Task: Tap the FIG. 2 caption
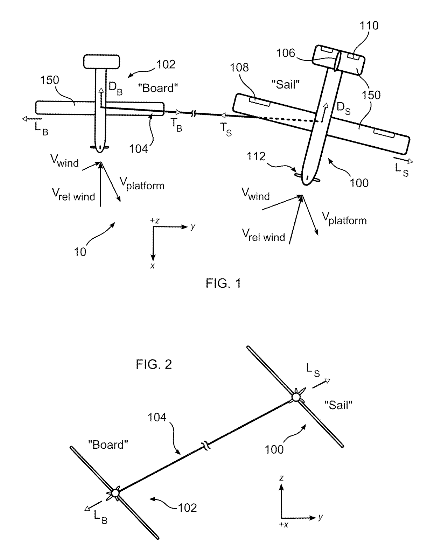point(154,365)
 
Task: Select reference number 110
point(369,26)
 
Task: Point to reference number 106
point(286,53)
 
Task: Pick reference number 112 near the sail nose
point(256,156)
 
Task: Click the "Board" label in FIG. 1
point(158,88)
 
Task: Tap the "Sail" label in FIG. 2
point(338,405)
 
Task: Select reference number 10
point(80,252)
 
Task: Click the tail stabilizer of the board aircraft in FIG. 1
point(101,61)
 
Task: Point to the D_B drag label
point(115,88)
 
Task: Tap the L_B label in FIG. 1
point(41,128)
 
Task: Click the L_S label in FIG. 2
point(313,370)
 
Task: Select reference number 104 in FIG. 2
point(157,417)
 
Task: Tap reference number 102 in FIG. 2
point(187,507)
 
